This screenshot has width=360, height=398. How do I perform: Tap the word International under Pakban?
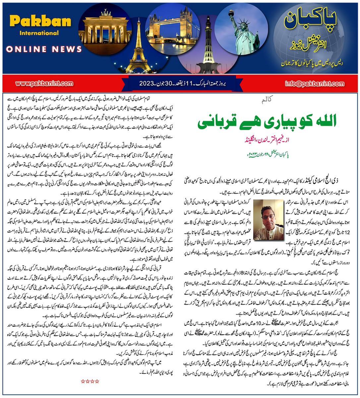pyautogui.click(x=39, y=33)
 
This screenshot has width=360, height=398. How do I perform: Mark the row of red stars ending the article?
pyautogui.click(x=90, y=381)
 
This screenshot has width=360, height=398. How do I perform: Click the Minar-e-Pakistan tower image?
pyautogui.click(x=202, y=41)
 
